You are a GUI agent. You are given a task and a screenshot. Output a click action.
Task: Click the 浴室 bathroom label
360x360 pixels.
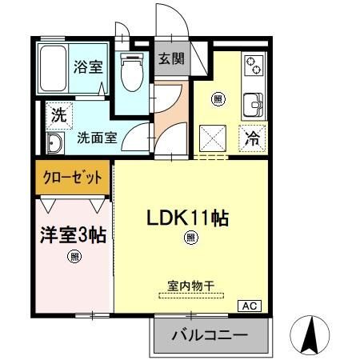[87, 67]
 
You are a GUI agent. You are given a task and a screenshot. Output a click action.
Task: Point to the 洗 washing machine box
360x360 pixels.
[58, 114]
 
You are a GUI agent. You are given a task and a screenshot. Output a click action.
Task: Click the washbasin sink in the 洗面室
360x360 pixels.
[55, 144]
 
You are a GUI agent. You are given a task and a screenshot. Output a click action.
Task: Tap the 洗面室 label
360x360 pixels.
[97, 138]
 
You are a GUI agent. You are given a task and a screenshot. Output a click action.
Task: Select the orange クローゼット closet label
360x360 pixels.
[73, 177]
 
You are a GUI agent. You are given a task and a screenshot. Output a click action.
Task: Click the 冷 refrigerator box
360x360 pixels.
[252, 137]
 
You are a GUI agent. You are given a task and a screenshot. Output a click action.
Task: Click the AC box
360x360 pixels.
[249, 305]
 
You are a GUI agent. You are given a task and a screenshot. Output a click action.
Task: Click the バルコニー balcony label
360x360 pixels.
[210, 336]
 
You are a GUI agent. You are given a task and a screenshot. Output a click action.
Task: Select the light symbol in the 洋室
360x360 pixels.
[74, 257]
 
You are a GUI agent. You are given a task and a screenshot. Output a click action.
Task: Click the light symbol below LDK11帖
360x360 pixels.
[190, 237]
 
